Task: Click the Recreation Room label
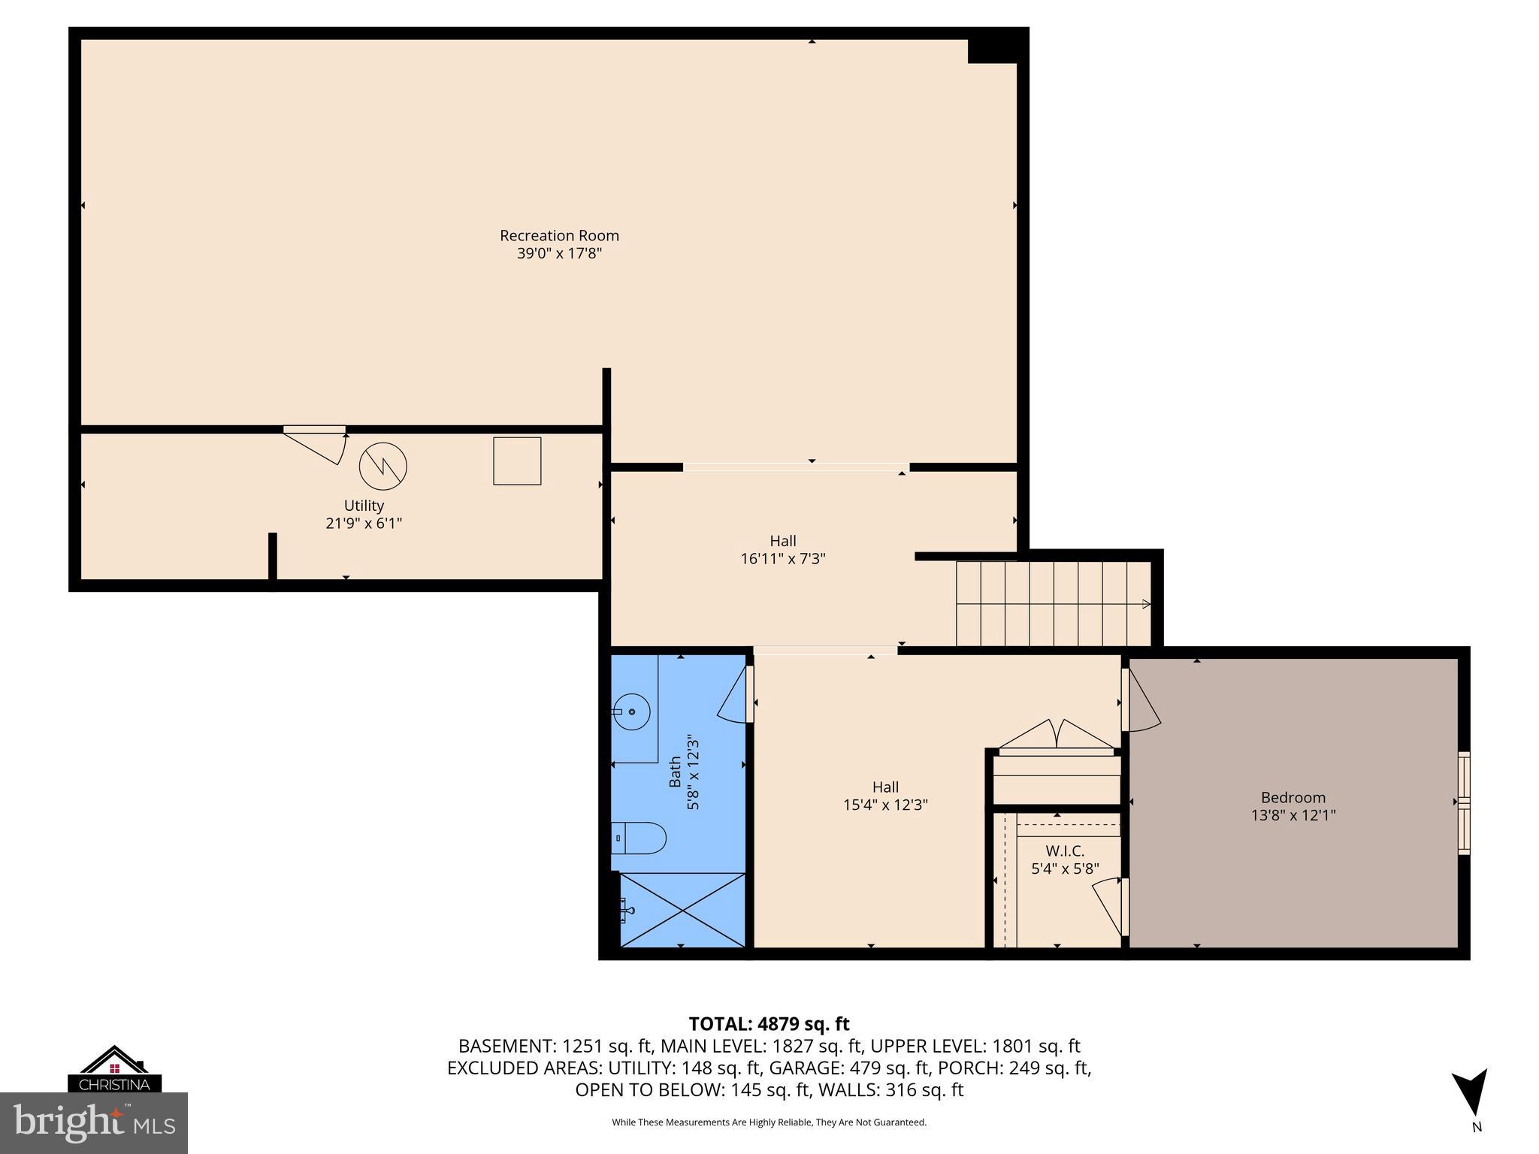click(559, 235)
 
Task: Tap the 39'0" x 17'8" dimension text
click(559, 254)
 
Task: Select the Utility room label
click(364, 506)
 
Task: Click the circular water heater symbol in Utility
click(382, 466)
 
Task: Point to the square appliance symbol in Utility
click(517, 461)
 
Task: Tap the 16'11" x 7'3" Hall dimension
click(783, 559)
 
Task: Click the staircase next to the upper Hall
click(1052, 603)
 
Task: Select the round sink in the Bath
click(631, 711)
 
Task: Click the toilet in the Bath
click(639, 838)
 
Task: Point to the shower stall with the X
click(682, 909)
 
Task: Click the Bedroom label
click(1293, 797)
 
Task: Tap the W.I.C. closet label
click(1065, 851)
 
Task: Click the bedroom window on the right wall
click(1464, 802)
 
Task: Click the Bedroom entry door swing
click(1142, 701)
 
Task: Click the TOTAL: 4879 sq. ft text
click(769, 1023)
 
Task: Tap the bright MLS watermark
click(94, 1123)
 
